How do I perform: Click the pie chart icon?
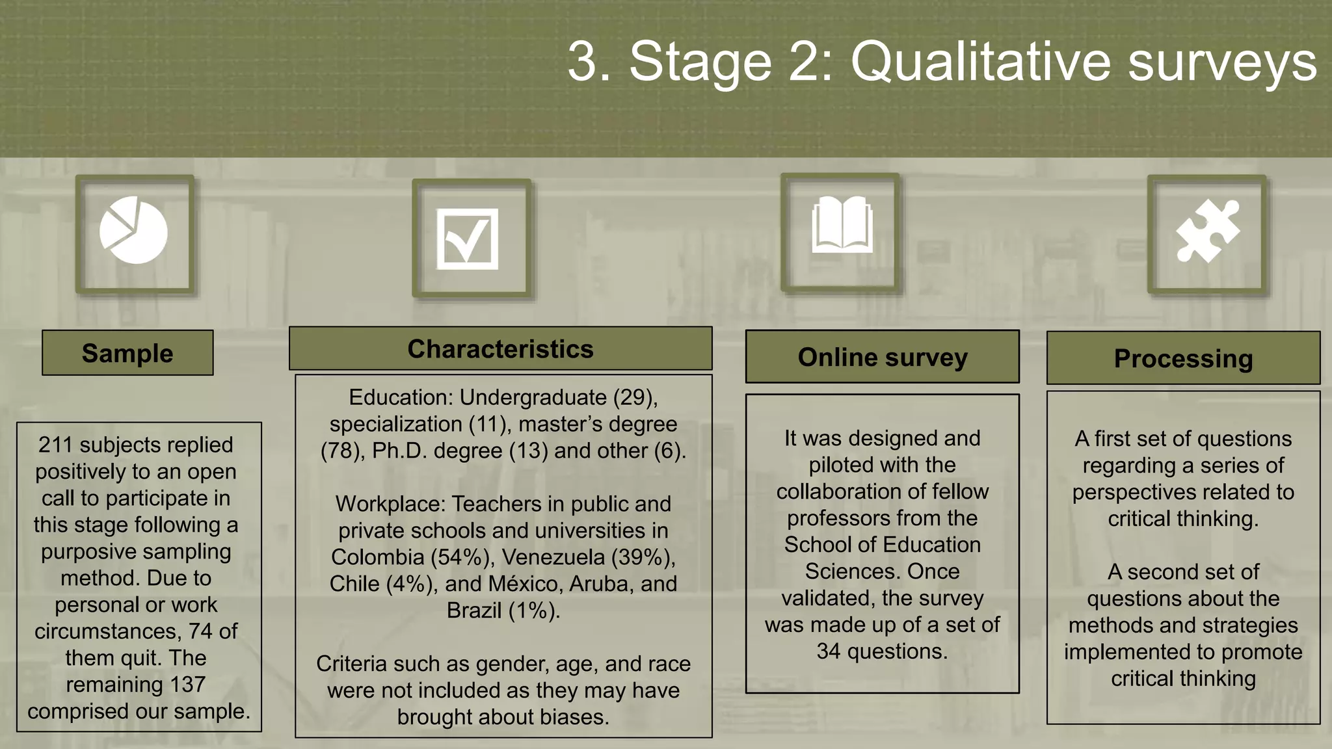tap(134, 230)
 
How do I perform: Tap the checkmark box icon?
tap(468, 239)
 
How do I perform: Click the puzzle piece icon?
tap(1208, 231)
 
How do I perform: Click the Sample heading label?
tap(127, 353)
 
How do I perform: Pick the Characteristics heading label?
tap(500, 349)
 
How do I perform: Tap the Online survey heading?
tap(883, 357)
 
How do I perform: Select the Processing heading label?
tap(1183, 358)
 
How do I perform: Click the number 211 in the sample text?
tap(55, 445)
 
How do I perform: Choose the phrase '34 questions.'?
tap(882, 651)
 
